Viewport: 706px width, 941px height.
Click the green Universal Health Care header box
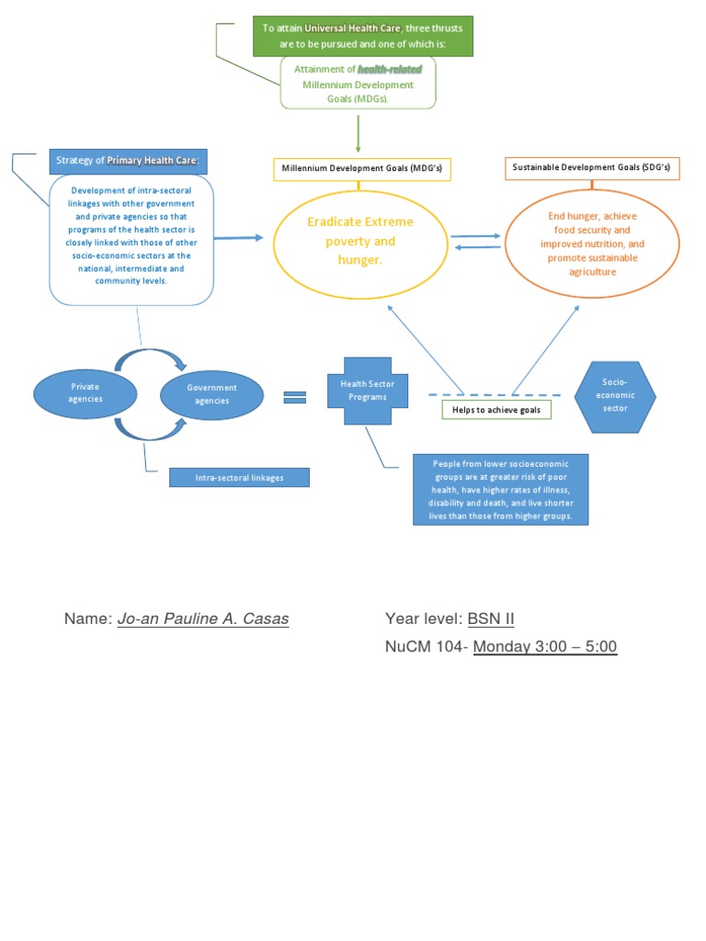(363, 35)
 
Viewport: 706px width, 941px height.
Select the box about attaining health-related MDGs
(358, 84)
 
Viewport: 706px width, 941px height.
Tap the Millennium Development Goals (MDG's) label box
(362, 169)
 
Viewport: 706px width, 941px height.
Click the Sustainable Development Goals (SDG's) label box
(590, 168)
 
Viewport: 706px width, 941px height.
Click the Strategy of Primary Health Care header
(128, 161)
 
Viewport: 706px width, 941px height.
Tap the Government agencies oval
(211, 395)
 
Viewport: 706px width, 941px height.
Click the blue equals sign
(294, 397)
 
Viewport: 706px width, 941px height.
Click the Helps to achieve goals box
(496, 410)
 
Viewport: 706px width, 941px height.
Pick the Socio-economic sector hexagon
(615, 394)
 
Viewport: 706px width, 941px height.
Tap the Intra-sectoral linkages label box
(239, 477)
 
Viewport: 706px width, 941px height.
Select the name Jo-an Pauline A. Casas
(203, 618)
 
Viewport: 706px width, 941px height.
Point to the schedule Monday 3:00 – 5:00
(545, 647)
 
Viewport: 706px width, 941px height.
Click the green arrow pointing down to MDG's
(358, 132)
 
